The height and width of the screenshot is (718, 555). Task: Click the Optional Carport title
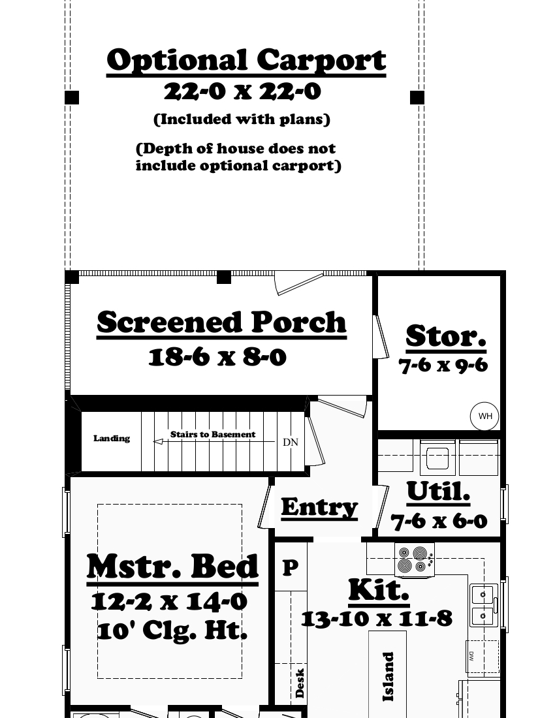point(246,61)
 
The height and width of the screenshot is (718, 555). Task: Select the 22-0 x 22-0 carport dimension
point(242,91)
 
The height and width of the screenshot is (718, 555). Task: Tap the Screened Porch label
point(221,322)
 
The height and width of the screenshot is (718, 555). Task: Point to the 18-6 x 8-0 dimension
point(217,357)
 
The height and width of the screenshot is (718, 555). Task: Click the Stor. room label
point(446,336)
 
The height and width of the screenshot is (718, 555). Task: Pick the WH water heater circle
point(484,416)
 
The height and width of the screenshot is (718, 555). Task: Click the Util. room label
point(438,492)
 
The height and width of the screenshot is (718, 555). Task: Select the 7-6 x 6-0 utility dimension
point(439,521)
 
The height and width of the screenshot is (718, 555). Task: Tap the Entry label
point(319,507)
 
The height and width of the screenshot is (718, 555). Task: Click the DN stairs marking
point(290,443)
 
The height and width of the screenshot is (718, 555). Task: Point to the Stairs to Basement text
point(213,434)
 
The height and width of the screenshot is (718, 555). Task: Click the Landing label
point(112,439)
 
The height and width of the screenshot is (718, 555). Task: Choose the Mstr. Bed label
point(173,567)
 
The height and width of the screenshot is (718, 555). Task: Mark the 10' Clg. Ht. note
point(172,631)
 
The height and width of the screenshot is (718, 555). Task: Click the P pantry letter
point(290,567)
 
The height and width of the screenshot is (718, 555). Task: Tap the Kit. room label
point(379,589)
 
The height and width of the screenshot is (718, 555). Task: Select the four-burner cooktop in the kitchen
point(414,560)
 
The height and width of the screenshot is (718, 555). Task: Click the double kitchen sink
point(484,605)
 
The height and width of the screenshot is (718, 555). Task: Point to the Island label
point(388,677)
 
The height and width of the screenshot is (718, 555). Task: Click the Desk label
point(300,683)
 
